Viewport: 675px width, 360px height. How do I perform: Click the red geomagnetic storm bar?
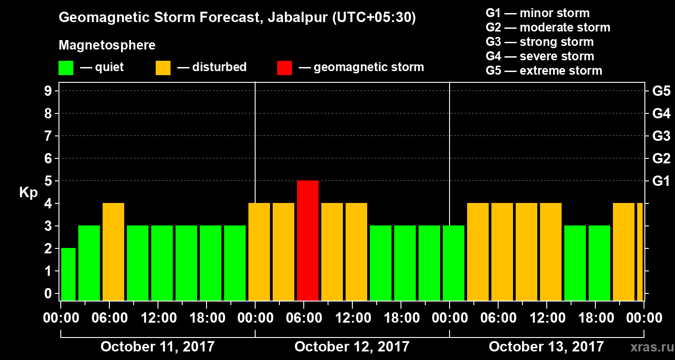pyautogui.click(x=308, y=240)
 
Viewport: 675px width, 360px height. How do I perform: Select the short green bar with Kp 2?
pyautogui.click(x=68, y=274)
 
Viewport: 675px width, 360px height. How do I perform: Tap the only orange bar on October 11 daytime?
pyautogui.click(x=113, y=252)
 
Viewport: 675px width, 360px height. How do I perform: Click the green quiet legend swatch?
pyautogui.click(x=66, y=68)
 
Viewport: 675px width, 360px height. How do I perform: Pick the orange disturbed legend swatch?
pyautogui.click(x=163, y=68)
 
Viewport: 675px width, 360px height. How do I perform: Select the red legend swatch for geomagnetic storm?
pyautogui.click(x=284, y=68)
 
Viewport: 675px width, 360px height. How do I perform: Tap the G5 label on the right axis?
pyautogui.click(x=661, y=91)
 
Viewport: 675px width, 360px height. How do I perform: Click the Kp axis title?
pyautogui.click(x=28, y=192)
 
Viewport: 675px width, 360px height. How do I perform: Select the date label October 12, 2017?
pyautogui.click(x=352, y=347)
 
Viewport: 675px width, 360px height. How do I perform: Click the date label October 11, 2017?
pyautogui.click(x=157, y=347)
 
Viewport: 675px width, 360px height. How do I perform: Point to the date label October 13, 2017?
pyautogui.click(x=546, y=347)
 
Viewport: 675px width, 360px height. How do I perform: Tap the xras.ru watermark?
pyautogui.click(x=648, y=347)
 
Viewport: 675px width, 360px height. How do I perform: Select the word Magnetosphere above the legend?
pyautogui.click(x=107, y=45)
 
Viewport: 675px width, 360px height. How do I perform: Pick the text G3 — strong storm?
pyautogui.click(x=540, y=42)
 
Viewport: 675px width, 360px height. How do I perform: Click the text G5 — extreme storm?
pyautogui.click(x=544, y=71)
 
